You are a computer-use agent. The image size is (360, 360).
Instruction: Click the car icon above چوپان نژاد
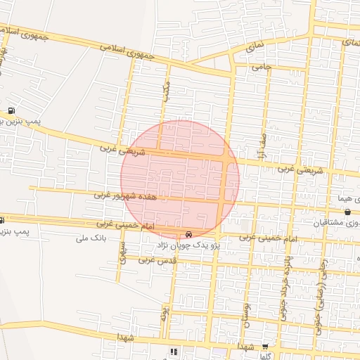[x=188, y=234]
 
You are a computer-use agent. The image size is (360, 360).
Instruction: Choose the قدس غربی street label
[x=155, y=259]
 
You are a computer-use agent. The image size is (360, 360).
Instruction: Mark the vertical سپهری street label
[x=122, y=252]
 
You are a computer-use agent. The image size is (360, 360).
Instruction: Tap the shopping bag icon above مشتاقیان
[x=348, y=212]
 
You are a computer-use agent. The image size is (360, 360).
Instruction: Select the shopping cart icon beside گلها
[x=265, y=347]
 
